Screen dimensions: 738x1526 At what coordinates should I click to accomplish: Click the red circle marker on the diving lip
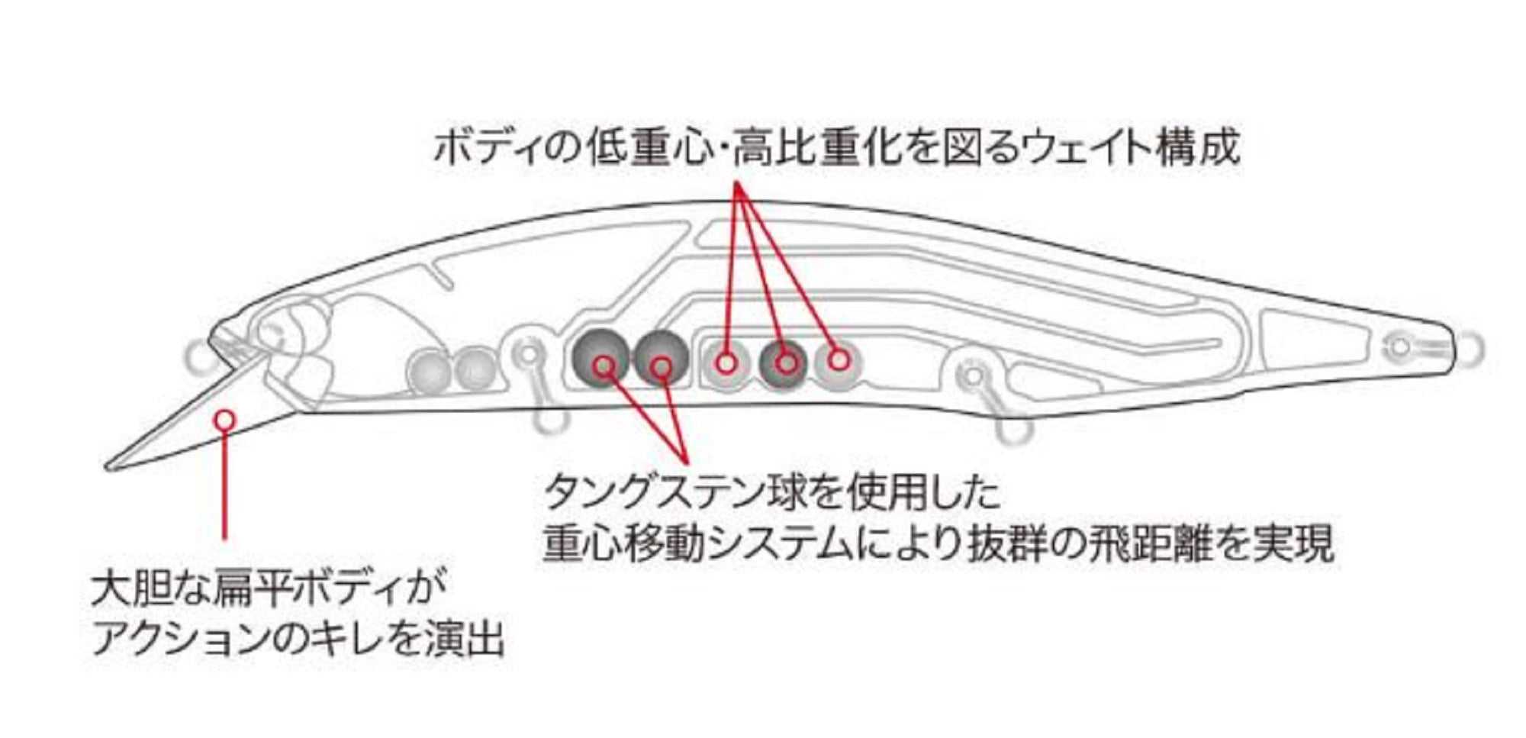pos(224,419)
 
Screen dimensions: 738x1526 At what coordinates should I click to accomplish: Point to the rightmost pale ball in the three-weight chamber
pos(839,360)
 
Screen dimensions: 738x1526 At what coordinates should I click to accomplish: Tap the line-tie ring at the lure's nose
pos(198,352)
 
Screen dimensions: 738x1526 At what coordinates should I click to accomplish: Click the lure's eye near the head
pos(272,333)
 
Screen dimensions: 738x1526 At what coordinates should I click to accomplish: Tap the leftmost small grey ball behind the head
pos(429,369)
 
